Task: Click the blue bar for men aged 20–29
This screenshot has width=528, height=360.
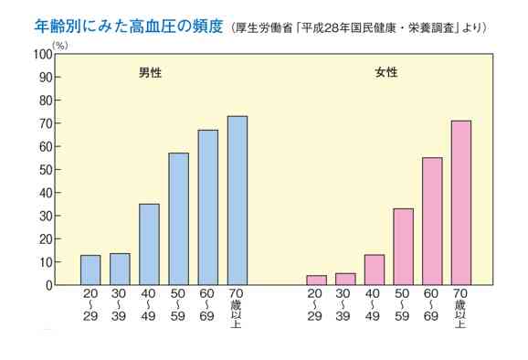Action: pos(90,270)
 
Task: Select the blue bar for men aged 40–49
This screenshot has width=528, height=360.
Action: pos(149,245)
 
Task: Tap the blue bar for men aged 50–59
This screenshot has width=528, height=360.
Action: pos(178,219)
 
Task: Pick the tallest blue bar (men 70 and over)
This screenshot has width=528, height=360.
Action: pos(238,201)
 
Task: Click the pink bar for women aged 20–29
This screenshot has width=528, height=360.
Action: pos(316,281)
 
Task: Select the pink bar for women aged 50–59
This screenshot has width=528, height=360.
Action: pos(403,248)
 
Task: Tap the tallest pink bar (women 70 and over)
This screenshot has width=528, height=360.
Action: pos(461,203)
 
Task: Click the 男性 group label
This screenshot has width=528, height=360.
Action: pos(138,71)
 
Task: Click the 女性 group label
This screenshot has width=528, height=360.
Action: pos(386,71)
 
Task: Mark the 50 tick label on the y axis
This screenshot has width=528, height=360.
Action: pos(44,170)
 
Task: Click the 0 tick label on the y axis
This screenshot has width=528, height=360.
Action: pos(48,285)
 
